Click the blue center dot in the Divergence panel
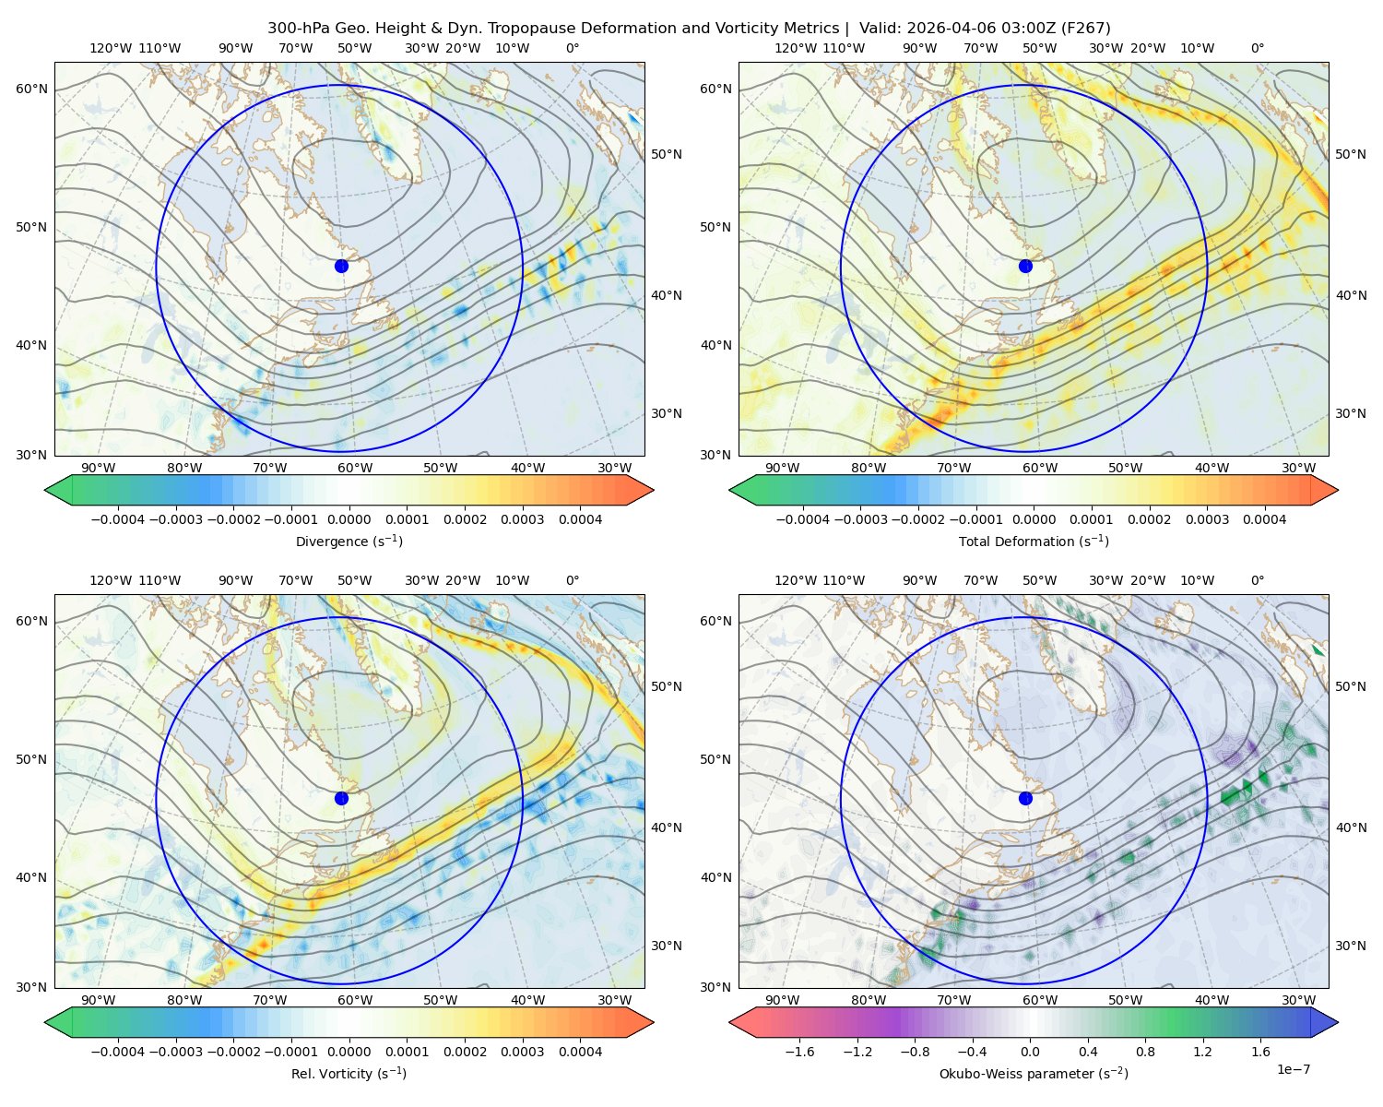coord(341,266)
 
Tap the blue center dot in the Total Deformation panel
coord(1025,266)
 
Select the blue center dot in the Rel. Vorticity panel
coord(341,798)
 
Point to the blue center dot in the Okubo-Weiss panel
coord(1025,798)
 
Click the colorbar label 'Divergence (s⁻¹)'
coord(349,541)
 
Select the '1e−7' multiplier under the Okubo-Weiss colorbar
coord(1293,1069)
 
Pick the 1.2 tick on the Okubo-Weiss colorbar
coord(1202,1052)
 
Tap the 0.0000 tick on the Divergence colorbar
coord(349,519)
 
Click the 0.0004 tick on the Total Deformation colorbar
coord(1264,519)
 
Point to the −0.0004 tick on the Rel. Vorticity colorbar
coord(118,1052)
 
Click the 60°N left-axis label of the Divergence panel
coord(31,89)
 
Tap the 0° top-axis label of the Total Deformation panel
coord(1258,48)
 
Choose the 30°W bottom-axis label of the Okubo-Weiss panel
coord(1298,1000)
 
